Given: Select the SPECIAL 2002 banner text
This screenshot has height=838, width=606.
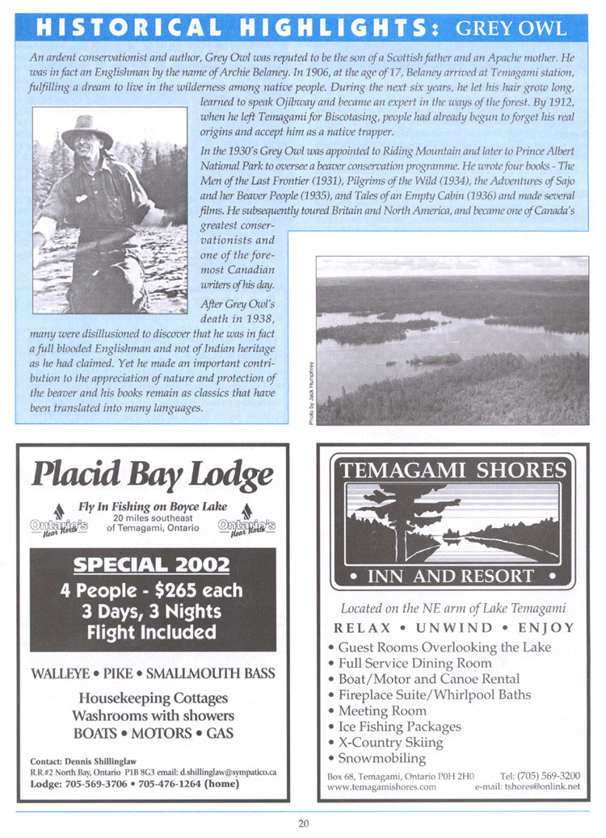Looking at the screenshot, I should [153, 564].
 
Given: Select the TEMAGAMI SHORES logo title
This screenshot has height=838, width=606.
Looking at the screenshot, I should [453, 470].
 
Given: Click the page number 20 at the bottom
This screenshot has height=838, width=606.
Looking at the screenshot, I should [303, 823].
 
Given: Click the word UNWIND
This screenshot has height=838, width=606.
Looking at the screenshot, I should [452, 627].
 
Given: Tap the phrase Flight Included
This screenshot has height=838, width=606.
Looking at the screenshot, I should [153, 631].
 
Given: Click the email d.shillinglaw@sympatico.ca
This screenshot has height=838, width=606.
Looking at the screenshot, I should [227, 772].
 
